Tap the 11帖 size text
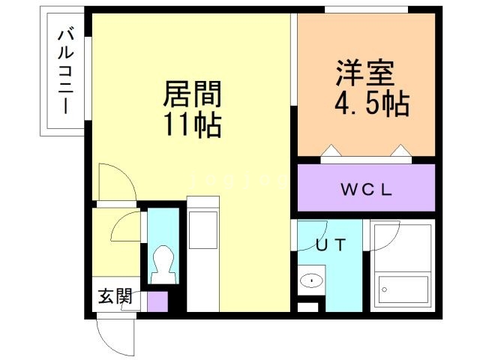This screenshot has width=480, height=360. (192, 124)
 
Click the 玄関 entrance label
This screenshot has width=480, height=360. (115, 297)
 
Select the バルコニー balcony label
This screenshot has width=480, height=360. (64, 71)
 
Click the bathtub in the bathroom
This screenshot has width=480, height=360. (402, 286)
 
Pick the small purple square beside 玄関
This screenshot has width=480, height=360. (157, 301)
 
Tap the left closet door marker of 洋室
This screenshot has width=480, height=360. (330, 154)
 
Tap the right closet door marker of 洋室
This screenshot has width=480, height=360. (400, 154)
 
